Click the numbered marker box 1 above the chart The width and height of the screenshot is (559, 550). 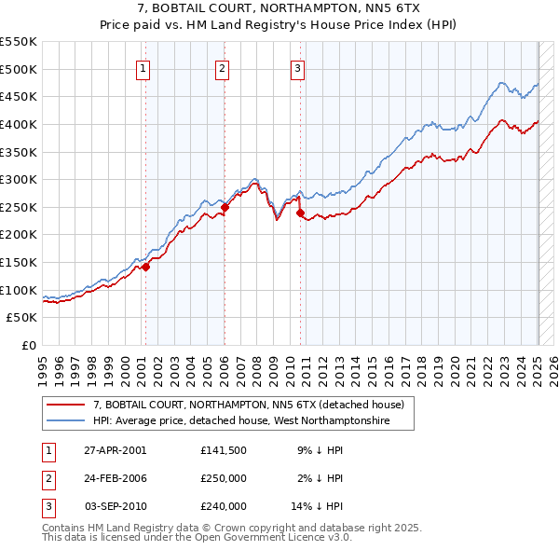(144, 68)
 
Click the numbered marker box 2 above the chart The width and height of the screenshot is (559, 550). (224, 68)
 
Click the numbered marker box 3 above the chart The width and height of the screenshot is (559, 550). (297, 68)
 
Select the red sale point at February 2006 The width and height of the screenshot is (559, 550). (225, 207)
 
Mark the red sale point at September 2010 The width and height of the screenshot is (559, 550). (300, 213)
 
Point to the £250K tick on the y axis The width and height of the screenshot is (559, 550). (20, 207)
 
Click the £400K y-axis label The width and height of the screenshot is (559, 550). (20, 124)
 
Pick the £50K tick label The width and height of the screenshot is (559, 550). (22, 318)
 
